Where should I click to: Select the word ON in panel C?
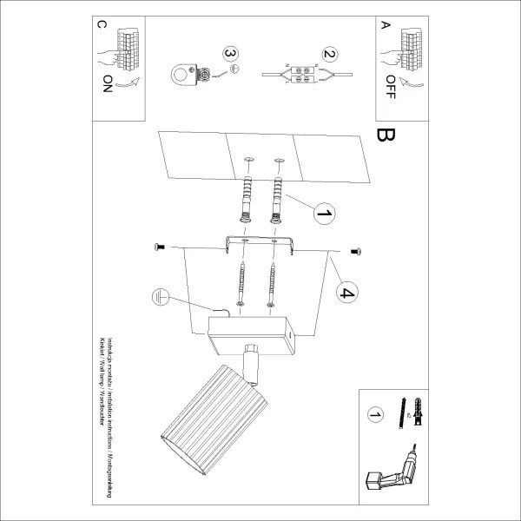tap(107, 85)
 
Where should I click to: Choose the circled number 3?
tap(229, 54)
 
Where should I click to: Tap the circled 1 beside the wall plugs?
tap(324, 213)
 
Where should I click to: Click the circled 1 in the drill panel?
tap(375, 417)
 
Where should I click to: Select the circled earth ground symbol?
tap(159, 296)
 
